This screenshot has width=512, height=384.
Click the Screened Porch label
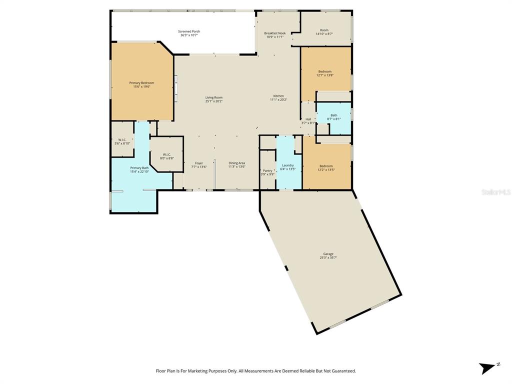pyautogui.click(x=189, y=31)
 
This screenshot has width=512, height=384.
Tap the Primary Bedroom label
pyautogui.click(x=141, y=83)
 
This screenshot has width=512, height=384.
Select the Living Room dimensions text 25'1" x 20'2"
pyautogui.click(x=213, y=101)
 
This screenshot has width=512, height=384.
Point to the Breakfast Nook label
pyautogui.click(x=274, y=33)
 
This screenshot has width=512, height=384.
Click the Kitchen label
pyautogui.click(x=278, y=96)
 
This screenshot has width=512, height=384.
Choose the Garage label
pyautogui.click(x=328, y=254)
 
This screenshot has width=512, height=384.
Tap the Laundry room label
pyautogui.click(x=287, y=165)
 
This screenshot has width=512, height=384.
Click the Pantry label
pyautogui.click(x=267, y=170)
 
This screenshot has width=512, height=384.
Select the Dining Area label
pyautogui.click(x=236, y=163)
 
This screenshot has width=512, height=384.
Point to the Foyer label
pyautogui.click(x=199, y=163)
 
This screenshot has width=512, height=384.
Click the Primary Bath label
pyautogui.click(x=139, y=168)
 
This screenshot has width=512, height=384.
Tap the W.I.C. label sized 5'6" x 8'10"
pyautogui.click(x=122, y=139)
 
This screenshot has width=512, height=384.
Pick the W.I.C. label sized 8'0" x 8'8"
pyautogui.click(x=166, y=154)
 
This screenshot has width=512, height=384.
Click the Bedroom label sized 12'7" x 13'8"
pyautogui.click(x=324, y=71)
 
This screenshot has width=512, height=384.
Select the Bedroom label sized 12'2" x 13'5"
pyautogui.click(x=326, y=166)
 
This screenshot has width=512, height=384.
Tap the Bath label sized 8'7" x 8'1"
pyautogui.click(x=334, y=115)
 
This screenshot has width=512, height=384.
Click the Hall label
pyautogui.click(x=308, y=119)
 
